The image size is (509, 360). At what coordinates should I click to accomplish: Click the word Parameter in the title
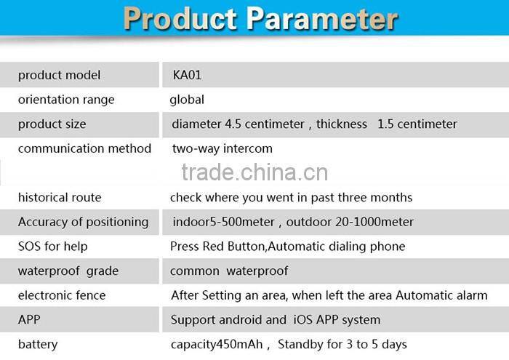point(318,20)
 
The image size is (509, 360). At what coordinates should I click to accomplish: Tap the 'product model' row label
point(59,75)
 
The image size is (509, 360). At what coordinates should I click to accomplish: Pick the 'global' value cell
point(187,100)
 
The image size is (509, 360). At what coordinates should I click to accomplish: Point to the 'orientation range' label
point(66,100)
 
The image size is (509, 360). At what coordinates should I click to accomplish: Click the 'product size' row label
point(52,124)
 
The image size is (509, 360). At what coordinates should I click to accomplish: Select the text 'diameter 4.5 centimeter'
point(238,124)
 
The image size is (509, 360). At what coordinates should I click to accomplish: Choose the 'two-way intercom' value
point(222,148)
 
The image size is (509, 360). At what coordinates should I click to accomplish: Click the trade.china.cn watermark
point(254,173)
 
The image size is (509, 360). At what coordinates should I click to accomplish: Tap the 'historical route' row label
point(60,197)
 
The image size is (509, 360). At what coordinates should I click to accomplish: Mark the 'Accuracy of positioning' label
point(83,222)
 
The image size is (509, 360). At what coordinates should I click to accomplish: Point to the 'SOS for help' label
point(53,247)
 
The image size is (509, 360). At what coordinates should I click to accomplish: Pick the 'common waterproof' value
point(229,271)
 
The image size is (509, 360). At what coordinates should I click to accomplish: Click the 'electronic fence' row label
point(62,295)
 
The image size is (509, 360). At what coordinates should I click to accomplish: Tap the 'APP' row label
point(30,319)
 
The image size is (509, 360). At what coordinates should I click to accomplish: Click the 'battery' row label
point(38,344)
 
